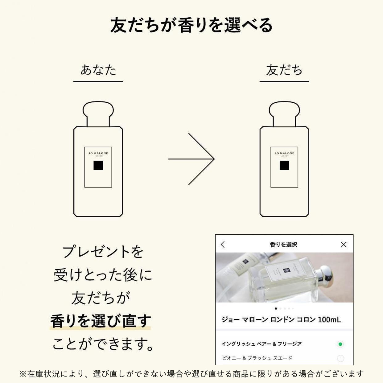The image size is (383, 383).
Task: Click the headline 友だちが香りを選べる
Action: click(191, 25)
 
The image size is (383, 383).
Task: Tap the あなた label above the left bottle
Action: click(98, 70)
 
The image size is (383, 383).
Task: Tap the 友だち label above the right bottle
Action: click(284, 70)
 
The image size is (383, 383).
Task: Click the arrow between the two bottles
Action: click(191, 159)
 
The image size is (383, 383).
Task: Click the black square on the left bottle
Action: click(98, 166)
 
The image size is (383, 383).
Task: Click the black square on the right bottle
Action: click(284, 166)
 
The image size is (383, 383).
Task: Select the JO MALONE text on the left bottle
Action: click(98, 153)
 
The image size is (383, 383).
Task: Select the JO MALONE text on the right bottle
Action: click(284, 153)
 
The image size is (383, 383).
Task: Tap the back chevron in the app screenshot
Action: click(223, 245)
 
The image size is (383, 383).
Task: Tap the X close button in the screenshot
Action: click(344, 245)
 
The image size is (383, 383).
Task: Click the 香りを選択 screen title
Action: click(283, 245)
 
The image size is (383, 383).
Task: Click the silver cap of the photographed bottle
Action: click(325, 277)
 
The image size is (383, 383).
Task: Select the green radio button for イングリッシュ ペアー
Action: click(340, 344)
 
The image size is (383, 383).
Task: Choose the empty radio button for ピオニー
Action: click(340, 359)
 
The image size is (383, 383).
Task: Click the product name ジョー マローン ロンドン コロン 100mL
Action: click(281, 319)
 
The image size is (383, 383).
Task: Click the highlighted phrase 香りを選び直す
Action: click(100, 321)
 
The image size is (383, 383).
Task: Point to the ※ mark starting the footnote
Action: click(23, 374)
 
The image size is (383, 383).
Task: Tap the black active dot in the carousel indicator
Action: click(276, 308)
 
